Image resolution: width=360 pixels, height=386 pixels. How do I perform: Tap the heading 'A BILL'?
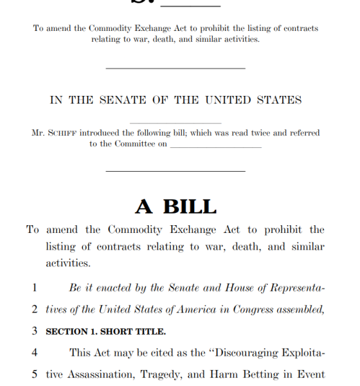click(x=175, y=207)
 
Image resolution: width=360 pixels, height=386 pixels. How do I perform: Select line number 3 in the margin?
click(x=35, y=331)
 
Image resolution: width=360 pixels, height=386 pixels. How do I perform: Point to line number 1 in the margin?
click(x=35, y=288)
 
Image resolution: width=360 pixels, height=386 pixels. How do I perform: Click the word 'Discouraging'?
click(x=247, y=353)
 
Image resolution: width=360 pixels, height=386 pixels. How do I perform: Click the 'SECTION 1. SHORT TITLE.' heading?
click(x=105, y=332)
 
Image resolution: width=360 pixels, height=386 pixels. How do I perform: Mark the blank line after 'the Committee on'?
click(x=216, y=145)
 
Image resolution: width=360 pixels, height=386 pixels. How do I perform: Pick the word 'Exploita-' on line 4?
click(x=301, y=353)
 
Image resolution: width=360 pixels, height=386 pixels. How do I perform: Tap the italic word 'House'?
click(x=240, y=288)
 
